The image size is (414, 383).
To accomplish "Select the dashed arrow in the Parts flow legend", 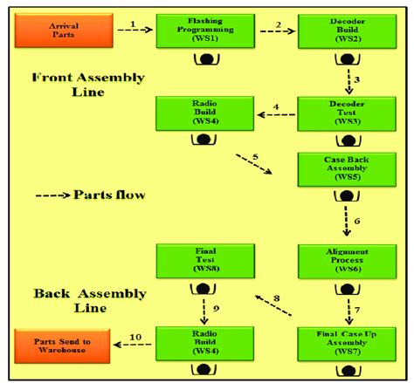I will coord(53,194).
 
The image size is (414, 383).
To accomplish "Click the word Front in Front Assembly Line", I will coord(54,77).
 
